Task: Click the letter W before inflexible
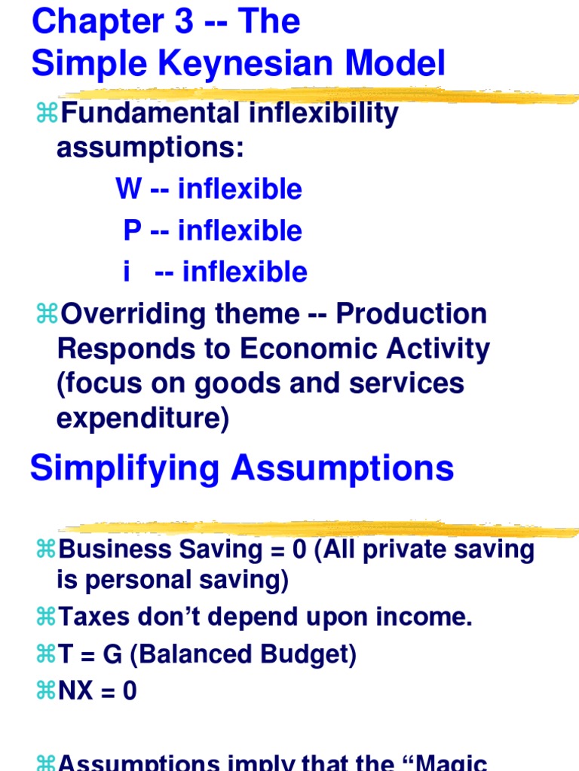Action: pos(128,188)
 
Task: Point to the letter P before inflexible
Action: pos(132,230)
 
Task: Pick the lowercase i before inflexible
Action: pos(127,272)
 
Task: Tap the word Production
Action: pos(412,314)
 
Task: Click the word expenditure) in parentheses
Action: pos(142,419)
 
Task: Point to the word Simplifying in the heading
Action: pos(125,468)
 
